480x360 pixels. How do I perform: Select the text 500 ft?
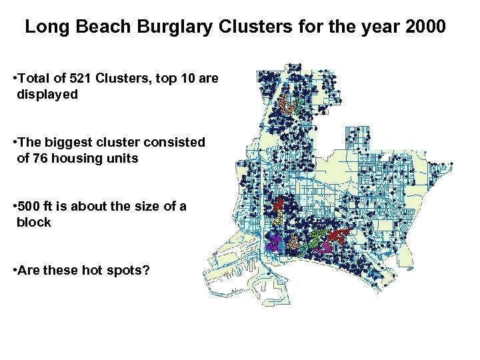[x=42, y=205]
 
